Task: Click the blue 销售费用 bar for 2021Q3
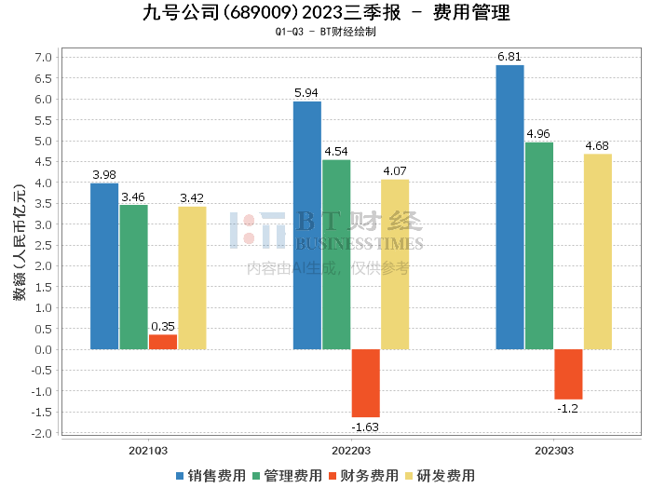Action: pos(104,266)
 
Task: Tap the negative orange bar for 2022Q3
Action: pos(365,383)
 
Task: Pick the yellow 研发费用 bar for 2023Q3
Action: pos(598,251)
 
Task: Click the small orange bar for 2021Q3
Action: pos(162,342)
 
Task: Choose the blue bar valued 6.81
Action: pos(509,208)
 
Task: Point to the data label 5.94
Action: pos(306,93)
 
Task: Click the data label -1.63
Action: pos(365,427)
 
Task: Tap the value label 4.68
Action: pos(597,145)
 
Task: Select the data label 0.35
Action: pos(162,327)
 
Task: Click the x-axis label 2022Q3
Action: pos(351,451)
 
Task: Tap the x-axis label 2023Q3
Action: pos(553,451)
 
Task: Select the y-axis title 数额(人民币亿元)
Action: pos(19,245)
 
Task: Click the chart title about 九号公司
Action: pos(326,13)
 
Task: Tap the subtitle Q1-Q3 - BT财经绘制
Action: pos(326,32)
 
